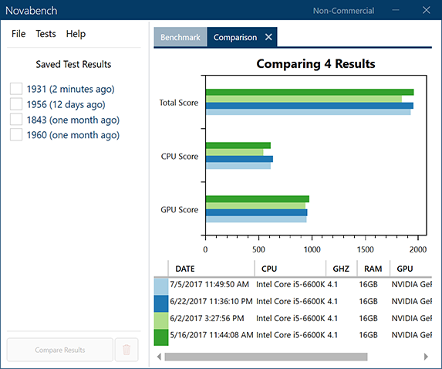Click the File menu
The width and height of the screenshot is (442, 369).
(19, 34)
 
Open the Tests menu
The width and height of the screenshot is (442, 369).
(46, 34)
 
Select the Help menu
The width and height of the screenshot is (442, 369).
(76, 34)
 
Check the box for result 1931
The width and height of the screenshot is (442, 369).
(16, 89)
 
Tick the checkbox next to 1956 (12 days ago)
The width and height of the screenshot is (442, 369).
(16, 104)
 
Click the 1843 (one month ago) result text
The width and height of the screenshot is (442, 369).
(73, 120)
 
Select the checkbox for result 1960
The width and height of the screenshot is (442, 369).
(16, 135)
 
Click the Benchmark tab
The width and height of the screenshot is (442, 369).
(180, 37)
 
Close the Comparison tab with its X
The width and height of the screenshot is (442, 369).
(268, 37)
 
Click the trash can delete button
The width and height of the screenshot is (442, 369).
(127, 350)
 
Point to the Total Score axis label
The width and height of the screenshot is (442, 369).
(178, 103)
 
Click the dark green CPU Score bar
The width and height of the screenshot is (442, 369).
(238, 145)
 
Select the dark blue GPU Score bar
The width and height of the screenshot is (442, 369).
(256, 212)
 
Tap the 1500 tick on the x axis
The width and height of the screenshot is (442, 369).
(365, 249)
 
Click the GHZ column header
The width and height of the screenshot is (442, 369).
(340, 269)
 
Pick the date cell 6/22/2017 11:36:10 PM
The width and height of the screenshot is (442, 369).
(211, 301)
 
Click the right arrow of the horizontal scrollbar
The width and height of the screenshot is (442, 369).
(425, 357)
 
